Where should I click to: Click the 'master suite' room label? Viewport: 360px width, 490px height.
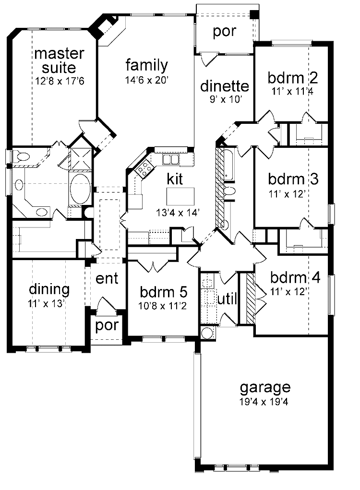tap(60, 59)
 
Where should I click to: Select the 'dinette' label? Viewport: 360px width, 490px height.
tap(225, 86)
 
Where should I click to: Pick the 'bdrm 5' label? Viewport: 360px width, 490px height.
tap(164, 292)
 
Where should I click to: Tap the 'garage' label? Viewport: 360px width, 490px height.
tap(265, 387)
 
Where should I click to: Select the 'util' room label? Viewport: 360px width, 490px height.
tap(228, 299)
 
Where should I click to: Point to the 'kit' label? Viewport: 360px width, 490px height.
tap(175, 179)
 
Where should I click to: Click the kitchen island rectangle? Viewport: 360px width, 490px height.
tap(180, 196)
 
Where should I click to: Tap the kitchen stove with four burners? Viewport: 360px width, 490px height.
tap(144, 168)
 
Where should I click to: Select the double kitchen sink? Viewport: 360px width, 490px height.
tap(170, 159)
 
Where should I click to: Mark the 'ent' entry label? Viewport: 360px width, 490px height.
tap(107, 279)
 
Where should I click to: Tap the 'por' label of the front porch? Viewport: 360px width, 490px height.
tap(107, 325)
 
